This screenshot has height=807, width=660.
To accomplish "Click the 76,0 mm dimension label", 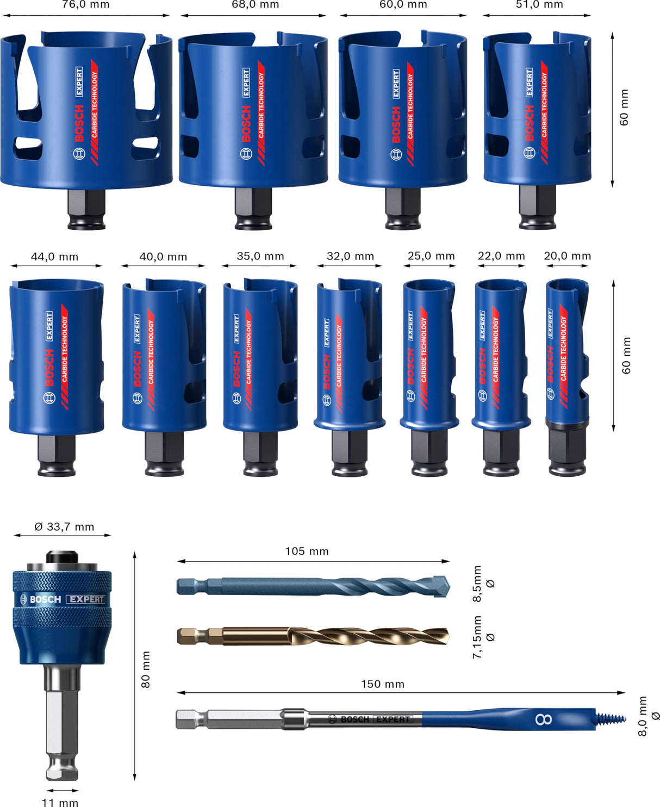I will [x=86, y=5].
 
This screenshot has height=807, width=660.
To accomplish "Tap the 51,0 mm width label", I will [x=539, y=5].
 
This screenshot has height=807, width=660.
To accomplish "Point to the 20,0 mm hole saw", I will [x=567, y=353].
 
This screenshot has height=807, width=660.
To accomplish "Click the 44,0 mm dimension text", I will [x=54, y=257].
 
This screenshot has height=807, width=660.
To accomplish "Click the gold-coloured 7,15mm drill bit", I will [x=313, y=636].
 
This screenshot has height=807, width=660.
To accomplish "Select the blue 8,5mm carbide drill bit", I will [x=313, y=587].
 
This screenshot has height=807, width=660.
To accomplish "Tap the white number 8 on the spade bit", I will [x=544, y=720].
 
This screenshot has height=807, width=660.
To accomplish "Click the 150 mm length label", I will [x=383, y=684].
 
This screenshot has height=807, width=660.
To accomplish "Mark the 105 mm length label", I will [x=307, y=551].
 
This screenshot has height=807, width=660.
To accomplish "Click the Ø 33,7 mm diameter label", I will [x=64, y=527].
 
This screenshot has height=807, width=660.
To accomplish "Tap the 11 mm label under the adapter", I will [x=60, y=802].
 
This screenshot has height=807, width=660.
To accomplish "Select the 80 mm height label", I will [x=146, y=669].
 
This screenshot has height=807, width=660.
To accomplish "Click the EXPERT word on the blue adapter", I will [x=86, y=599].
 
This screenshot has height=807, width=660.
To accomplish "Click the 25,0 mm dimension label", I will [x=431, y=256].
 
